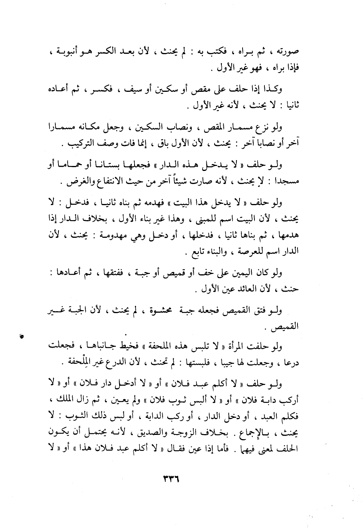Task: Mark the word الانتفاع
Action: pos(111,182)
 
